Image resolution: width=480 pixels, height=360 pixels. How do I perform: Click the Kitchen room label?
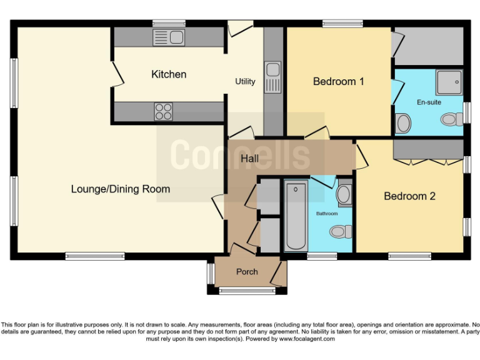[x=169, y=74]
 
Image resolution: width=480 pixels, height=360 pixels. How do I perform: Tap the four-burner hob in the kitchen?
[x=163, y=112]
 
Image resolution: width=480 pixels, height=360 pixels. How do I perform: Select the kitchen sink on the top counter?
[x=168, y=37]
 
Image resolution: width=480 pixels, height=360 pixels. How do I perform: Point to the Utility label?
[x=245, y=82]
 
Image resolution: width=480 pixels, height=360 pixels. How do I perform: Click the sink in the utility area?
[x=273, y=76]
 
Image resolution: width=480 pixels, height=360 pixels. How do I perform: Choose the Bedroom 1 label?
[x=338, y=81]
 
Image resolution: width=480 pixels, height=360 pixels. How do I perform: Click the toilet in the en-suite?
[x=449, y=119]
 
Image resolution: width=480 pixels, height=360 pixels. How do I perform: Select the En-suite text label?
[x=429, y=101]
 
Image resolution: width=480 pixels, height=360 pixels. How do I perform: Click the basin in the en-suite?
[x=404, y=122]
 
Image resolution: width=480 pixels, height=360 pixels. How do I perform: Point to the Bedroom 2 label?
[x=409, y=196]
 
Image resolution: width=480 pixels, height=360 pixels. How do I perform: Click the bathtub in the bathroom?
[x=296, y=216]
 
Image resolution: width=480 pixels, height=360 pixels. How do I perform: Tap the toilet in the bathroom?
[x=339, y=232]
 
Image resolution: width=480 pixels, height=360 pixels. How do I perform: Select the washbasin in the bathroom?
[x=344, y=194]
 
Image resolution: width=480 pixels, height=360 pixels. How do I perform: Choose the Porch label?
[x=247, y=272]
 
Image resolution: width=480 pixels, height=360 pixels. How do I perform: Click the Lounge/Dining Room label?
[x=120, y=189]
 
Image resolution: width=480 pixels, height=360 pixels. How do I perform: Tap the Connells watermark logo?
[x=240, y=154]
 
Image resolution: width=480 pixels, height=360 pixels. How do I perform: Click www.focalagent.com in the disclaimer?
[x=307, y=339]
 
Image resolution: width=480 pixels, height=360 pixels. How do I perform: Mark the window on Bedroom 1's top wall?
[x=343, y=24]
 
